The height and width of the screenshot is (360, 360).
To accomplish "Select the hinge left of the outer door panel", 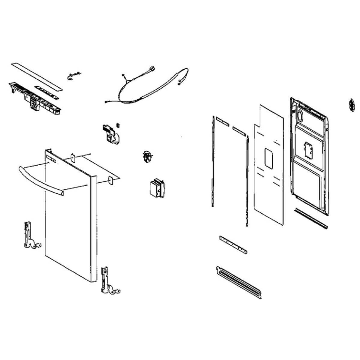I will coord(30,236).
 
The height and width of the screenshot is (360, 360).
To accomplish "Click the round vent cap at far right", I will coord(350,105).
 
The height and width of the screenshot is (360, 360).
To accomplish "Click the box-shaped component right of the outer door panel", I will coord(157,188).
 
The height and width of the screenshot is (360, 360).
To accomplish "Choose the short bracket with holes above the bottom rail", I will coord(233,245).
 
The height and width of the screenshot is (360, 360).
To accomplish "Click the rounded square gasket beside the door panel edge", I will coord(110,181).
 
